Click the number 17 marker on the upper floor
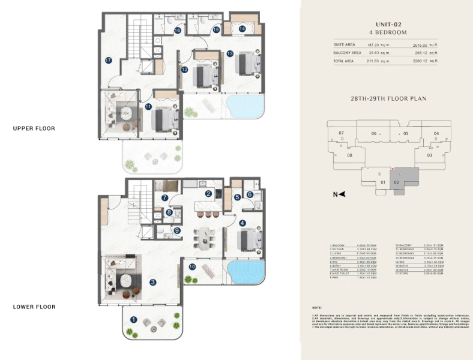click(108, 60)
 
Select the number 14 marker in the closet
click(243, 28)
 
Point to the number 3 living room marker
click(153, 282)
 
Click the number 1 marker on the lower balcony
click(134, 320)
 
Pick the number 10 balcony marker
click(192, 266)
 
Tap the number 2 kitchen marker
click(208, 194)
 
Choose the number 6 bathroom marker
click(250, 194)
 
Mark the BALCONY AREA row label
click(346, 53)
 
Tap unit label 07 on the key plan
click(341, 133)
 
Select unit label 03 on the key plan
click(429, 155)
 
